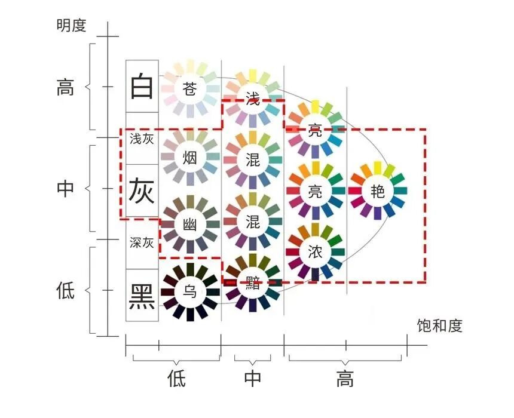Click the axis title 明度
[72, 25]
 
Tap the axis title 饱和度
[439, 326]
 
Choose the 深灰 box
[142, 243]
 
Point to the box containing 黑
[142, 294]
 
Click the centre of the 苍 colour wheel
[190, 90]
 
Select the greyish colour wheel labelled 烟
[190, 158]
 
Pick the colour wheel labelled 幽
[190, 225]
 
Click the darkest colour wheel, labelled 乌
[190, 292]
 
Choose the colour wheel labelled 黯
[253, 283]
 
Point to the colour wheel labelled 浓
[315, 251]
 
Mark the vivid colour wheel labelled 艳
[378, 191]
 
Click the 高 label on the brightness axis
[65, 88]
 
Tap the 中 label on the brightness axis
[65, 189]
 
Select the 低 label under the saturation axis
[176, 379]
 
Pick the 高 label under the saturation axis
[345, 379]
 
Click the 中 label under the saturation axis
[253, 379]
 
